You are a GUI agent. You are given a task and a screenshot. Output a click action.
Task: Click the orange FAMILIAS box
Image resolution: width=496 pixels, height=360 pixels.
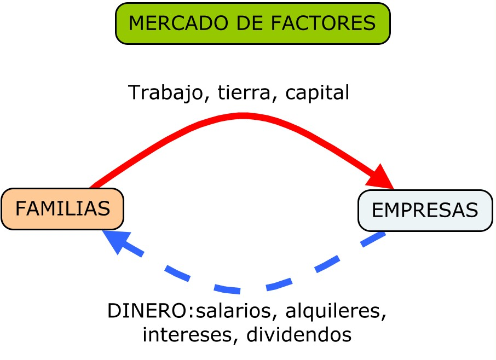[x=62, y=209]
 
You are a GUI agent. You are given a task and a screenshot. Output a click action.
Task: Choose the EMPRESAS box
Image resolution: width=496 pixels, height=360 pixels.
[x=425, y=211]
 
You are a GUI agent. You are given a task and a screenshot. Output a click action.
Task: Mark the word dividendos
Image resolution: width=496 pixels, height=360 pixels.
[x=299, y=334]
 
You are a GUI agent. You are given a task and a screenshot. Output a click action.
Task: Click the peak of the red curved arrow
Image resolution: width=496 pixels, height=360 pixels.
[x=244, y=115]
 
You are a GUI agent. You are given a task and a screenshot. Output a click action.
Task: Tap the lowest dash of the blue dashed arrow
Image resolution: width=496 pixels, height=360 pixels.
[x=228, y=289]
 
